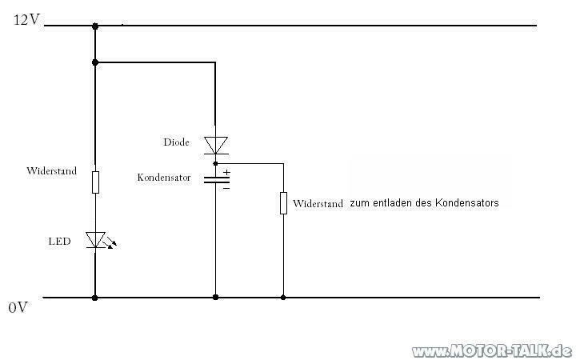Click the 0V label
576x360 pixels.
[x=18, y=307]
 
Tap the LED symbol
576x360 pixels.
[x=95, y=239]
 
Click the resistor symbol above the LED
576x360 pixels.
[x=95, y=182]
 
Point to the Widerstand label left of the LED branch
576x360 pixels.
[x=52, y=171]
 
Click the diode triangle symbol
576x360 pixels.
[x=215, y=145]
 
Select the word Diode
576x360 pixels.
[x=176, y=142]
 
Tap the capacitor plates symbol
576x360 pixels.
[x=215, y=179]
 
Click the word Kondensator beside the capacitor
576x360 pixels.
[x=164, y=177]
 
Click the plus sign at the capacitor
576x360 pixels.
[x=226, y=172]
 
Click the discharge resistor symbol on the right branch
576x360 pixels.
[x=283, y=202]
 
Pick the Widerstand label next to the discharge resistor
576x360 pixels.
[x=318, y=204]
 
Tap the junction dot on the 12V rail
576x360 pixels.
[x=95, y=26]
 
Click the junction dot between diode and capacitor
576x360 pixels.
[x=215, y=162]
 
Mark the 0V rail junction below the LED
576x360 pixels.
[x=95, y=298]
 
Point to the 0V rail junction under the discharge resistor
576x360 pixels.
[x=283, y=298]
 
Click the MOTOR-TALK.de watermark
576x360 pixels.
[x=493, y=350]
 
